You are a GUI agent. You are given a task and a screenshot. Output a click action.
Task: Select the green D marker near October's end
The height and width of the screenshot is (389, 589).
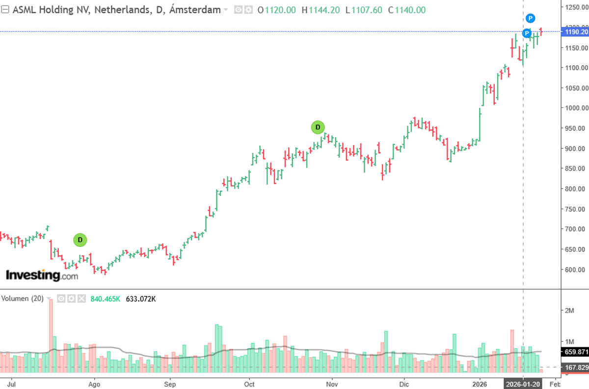click(318, 127)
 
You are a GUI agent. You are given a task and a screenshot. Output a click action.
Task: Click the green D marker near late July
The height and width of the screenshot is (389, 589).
click(80, 240)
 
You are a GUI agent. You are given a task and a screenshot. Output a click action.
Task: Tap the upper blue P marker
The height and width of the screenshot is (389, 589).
click(531, 19)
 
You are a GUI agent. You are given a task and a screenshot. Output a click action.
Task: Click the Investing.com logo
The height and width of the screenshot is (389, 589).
click(42, 275)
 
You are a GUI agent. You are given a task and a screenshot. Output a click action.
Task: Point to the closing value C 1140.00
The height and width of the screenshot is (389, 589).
click(407, 10)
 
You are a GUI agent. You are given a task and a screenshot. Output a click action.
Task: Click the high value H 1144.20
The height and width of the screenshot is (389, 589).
click(321, 10)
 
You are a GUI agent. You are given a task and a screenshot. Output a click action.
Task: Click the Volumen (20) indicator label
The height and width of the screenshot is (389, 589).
click(23, 298)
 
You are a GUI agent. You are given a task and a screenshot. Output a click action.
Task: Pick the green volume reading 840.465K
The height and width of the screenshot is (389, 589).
click(105, 298)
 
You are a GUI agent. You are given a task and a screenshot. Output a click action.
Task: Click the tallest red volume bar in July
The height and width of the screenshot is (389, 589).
click(50, 336)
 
